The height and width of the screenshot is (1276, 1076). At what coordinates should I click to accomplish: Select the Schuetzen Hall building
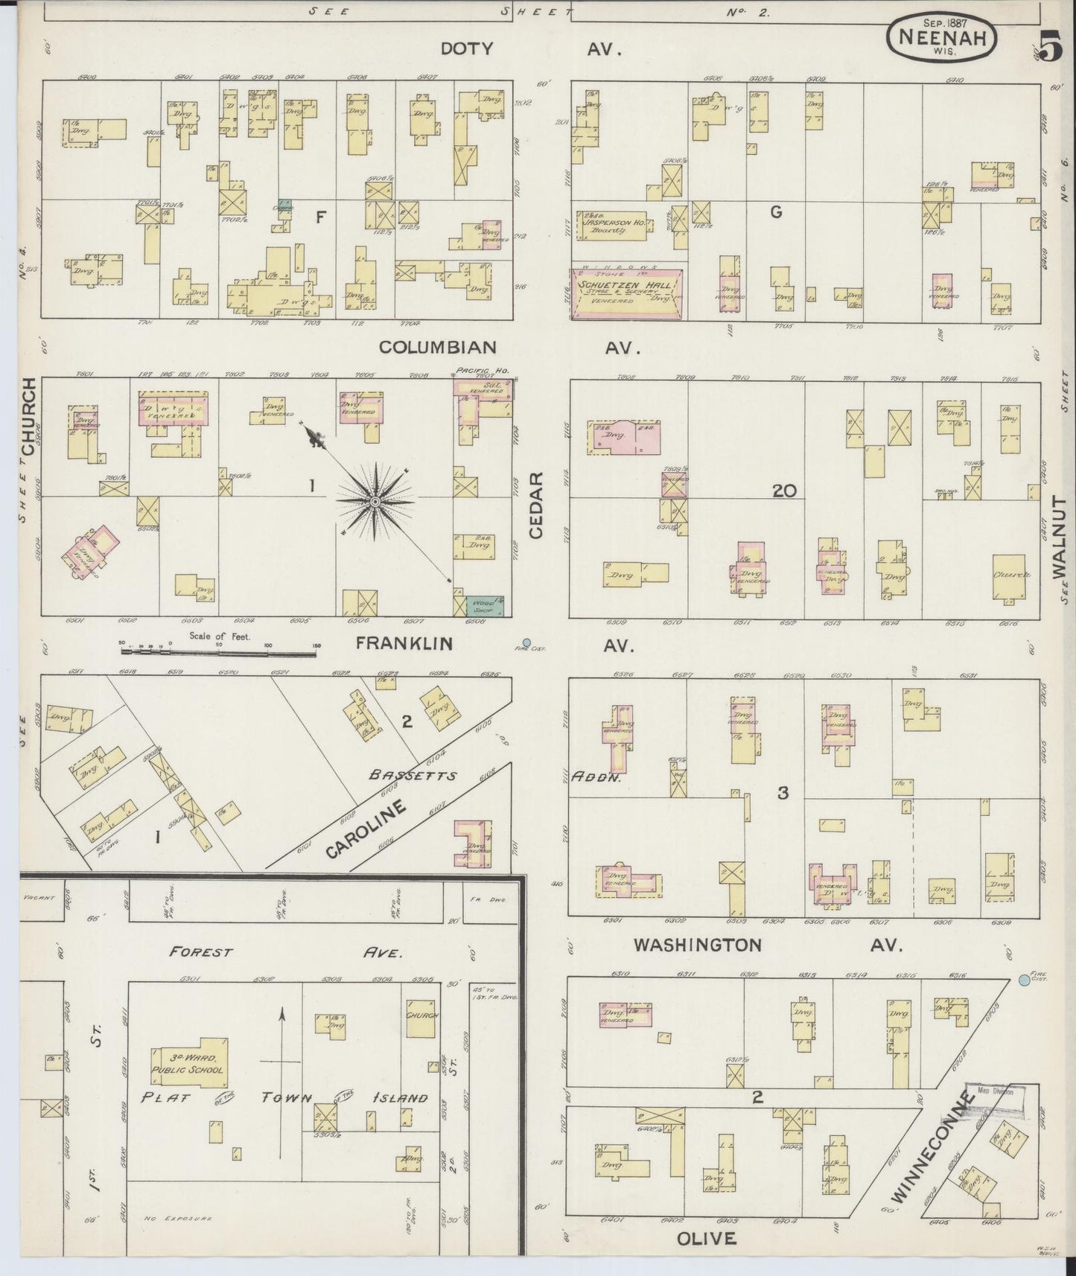[x=626, y=293]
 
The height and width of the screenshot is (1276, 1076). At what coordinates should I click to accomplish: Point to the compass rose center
[x=375, y=503]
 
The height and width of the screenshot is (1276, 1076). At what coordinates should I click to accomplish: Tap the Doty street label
[x=467, y=49]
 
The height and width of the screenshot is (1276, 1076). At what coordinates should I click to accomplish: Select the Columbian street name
[x=437, y=347]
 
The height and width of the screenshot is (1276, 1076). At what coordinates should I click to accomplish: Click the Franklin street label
[x=404, y=642]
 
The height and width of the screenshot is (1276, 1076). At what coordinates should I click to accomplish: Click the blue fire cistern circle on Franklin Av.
[x=527, y=642]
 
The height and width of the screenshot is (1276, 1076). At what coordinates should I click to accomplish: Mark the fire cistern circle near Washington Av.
[x=1023, y=981]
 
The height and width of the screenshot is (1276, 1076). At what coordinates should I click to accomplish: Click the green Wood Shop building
[x=484, y=606]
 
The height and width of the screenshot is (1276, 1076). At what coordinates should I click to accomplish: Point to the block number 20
[x=784, y=491]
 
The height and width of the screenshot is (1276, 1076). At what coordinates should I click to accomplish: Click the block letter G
[x=775, y=212]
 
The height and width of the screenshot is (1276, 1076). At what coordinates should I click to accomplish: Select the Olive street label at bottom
[x=706, y=1238]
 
